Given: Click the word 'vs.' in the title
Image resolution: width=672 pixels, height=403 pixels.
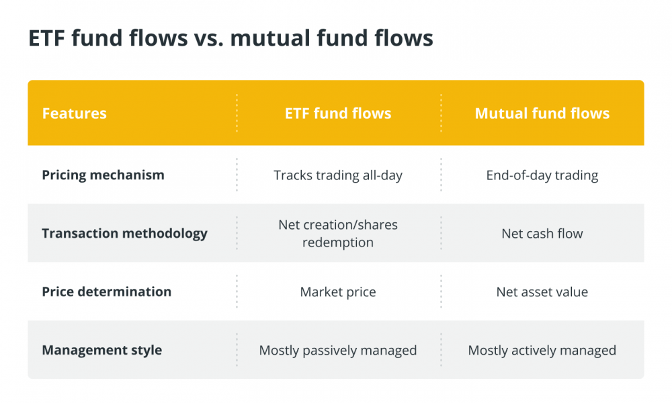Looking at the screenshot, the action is tap(208, 38).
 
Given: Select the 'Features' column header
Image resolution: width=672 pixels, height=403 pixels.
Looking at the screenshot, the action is tap(74, 114).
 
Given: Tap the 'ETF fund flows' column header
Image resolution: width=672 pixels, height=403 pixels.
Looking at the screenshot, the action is tap(338, 114).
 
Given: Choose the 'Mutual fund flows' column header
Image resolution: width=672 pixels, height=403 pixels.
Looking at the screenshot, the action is tap(542, 114).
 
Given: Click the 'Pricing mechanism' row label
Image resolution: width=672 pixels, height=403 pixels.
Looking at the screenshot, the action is tap(103, 175).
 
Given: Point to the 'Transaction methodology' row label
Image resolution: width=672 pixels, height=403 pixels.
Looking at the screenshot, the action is tap(124, 234).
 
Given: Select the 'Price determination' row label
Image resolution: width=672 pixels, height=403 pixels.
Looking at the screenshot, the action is tap(106, 292).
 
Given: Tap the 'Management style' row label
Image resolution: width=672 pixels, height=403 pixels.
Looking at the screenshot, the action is tap(102, 351).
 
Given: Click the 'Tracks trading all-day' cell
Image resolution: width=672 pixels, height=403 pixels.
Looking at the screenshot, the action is tap(338, 175).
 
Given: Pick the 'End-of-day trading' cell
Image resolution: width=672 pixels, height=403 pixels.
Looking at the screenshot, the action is tap(542, 175).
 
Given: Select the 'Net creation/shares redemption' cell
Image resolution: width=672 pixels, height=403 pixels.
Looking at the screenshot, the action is tap(338, 234).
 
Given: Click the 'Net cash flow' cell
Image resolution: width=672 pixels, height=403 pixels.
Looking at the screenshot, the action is tap(542, 234).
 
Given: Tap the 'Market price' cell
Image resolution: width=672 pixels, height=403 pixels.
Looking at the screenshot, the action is tap(338, 292).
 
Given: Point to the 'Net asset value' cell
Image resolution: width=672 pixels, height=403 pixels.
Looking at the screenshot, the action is tap(542, 292).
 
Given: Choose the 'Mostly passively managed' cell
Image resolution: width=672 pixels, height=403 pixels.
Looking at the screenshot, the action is tap(338, 351).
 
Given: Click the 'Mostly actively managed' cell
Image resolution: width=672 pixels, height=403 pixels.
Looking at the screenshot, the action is tap(542, 351).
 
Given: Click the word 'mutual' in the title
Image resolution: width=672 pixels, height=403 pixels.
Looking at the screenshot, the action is tap(270, 38).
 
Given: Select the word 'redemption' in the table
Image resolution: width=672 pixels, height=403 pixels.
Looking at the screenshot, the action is tap(338, 243).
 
